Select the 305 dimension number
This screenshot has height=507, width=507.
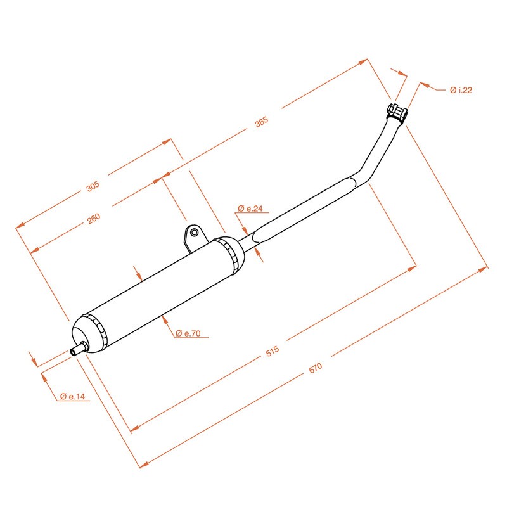click(93, 186)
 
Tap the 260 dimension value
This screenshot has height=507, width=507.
click(94, 217)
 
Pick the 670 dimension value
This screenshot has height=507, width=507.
click(316, 368)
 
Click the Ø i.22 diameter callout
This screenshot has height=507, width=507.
click(461, 91)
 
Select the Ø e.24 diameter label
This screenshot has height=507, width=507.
click(250, 209)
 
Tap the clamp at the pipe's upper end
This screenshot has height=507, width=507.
click(397, 113)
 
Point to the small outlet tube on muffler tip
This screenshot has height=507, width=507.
click(79, 348)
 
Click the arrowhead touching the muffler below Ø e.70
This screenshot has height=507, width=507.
click(164, 317)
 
